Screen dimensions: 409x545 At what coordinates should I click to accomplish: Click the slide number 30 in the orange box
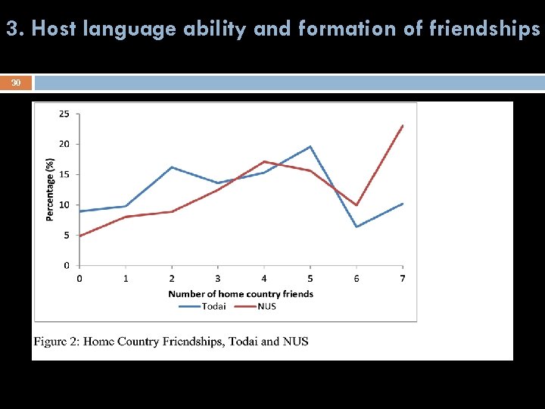tap(16, 83)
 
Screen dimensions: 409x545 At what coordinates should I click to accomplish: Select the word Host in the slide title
tap(54, 29)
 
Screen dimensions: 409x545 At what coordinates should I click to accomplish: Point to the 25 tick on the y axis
tap(64, 114)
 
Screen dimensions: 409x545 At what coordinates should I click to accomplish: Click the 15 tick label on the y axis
tap(64, 174)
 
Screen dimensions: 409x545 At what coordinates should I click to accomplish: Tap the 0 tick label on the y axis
tap(67, 266)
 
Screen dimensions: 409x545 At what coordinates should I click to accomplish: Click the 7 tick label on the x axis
tap(403, 279)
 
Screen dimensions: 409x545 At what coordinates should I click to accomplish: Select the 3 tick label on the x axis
tap(218, 279)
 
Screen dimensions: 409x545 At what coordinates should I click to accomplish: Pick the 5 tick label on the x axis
tap(310, 279)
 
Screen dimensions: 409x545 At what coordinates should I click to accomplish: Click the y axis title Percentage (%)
tap(50, 189)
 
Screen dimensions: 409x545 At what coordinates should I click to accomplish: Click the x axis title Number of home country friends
tap(241, 294)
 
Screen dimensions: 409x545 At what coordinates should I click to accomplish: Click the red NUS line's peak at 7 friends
tap(403, 126)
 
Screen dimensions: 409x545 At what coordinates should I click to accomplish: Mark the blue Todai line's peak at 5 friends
tap(310, 146)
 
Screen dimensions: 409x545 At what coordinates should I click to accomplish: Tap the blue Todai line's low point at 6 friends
tap(357, 226)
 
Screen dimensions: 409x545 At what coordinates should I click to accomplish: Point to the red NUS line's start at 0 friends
tap(79, 236)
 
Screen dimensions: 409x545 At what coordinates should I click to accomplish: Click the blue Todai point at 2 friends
tap(172, 167)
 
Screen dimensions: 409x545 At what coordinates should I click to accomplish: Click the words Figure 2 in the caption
tap(54, 342)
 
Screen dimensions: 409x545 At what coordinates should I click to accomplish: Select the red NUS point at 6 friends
tap(357, 205)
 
